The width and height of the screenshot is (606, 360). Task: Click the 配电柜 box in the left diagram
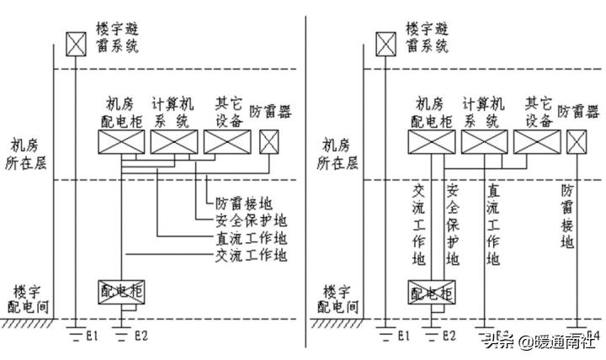[123, 291]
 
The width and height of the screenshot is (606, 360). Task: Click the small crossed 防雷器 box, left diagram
[269, 143]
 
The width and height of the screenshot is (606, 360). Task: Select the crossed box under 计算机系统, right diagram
[483, 143]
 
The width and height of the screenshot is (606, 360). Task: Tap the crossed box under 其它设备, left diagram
[227, 142]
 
